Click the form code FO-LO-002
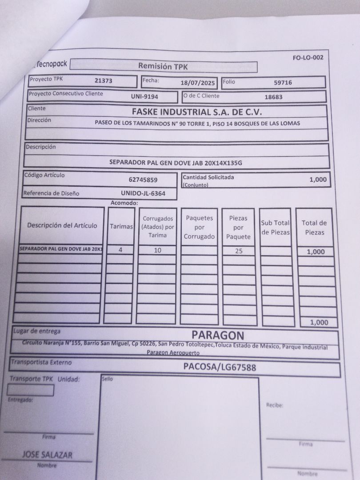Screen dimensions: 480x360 [308, 57]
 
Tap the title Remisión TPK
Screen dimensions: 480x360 [163, 66]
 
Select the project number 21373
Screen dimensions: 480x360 [104, 81]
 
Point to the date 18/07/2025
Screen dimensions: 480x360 [198, 83]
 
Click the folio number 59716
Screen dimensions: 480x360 [283, 82]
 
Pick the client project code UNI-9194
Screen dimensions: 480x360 [144, 96]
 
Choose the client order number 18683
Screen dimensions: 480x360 [273, 96]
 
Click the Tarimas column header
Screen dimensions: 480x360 [121, 226]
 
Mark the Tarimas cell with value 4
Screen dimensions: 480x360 [120, 250]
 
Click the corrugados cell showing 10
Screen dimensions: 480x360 [157, 250]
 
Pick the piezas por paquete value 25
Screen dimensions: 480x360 [239, 251]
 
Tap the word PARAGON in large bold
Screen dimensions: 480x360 [218, 335]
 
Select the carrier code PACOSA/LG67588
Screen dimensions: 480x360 [220, 367]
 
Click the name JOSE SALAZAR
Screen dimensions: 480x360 [47, 455]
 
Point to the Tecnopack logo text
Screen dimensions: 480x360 [52, 64]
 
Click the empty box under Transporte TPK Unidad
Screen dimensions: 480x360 [31, 390]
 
